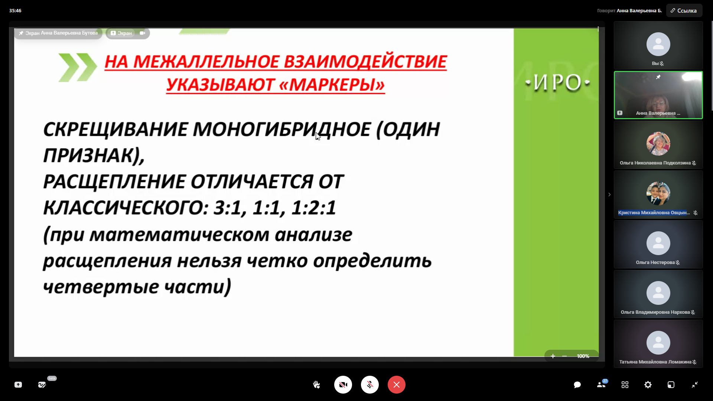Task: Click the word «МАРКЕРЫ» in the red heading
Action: pos(332,85)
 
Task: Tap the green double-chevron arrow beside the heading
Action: pos(78,67)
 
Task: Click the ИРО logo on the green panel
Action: pos(557,82)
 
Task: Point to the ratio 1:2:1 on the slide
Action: pos(314,208)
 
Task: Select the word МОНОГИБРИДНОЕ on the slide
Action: pos(282,130)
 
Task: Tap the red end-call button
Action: pos(397,385)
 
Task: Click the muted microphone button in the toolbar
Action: pos(370,385)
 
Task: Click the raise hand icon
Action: pos(316,385)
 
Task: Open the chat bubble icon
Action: pos(577,385)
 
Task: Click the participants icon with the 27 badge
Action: pos(602,384)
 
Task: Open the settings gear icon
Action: pos(648,385)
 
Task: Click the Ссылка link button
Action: pos(684,10)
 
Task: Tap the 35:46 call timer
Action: pos(15,10)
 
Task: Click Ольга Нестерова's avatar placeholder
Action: pos(658,243)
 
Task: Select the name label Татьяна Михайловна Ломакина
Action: pos(655,362)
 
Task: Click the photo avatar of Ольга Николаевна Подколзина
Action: pos(658,144)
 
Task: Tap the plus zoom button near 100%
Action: pos(553,356)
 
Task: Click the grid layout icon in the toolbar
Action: pos(625,385)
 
